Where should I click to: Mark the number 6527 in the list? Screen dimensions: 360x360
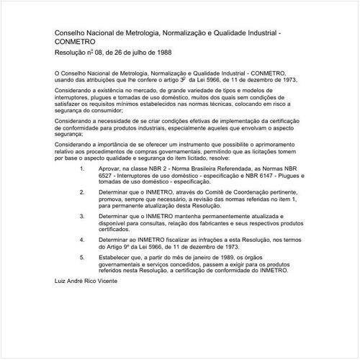click(x=107, y=174)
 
